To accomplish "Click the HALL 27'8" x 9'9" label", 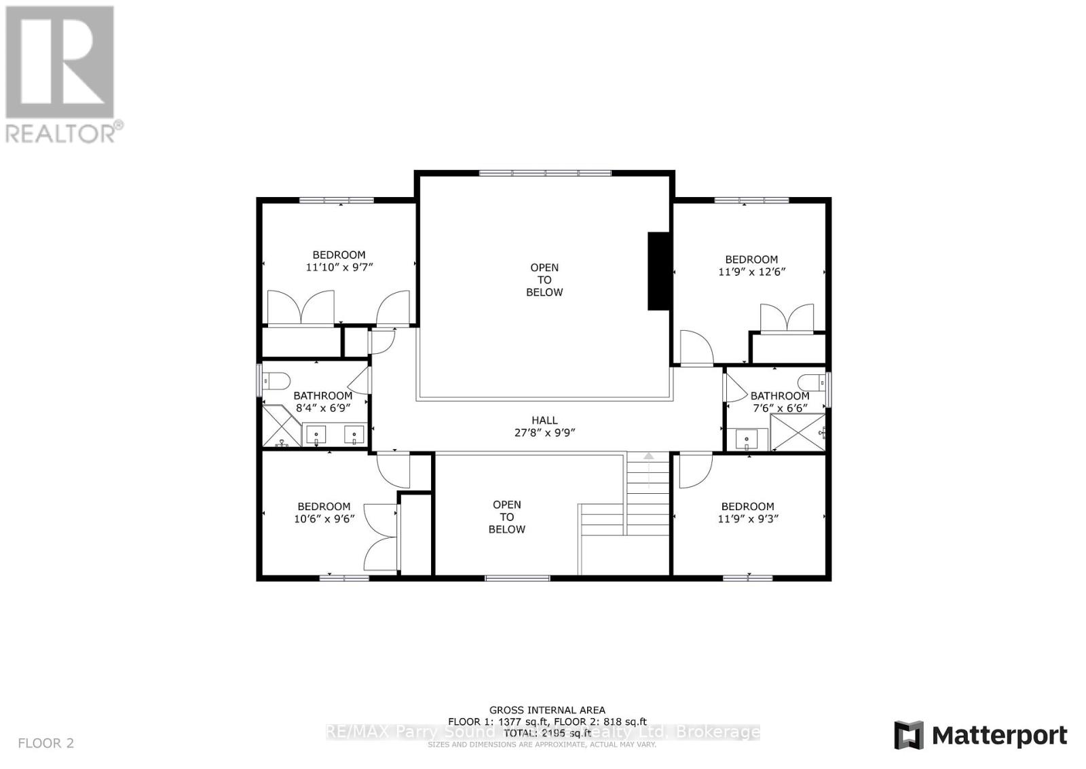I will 544,427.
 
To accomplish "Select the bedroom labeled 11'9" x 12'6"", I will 751,266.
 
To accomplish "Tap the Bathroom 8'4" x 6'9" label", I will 322,402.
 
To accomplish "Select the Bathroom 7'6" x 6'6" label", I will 779,401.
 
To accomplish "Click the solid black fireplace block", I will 658,271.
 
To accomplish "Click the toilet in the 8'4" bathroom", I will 277,380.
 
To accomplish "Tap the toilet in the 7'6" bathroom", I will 811,380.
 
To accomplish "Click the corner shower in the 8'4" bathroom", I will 281,427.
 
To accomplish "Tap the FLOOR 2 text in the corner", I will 45,743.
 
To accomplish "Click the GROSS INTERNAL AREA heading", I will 547,710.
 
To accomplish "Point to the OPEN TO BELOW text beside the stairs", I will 507,517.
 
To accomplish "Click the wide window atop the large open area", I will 545,173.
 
